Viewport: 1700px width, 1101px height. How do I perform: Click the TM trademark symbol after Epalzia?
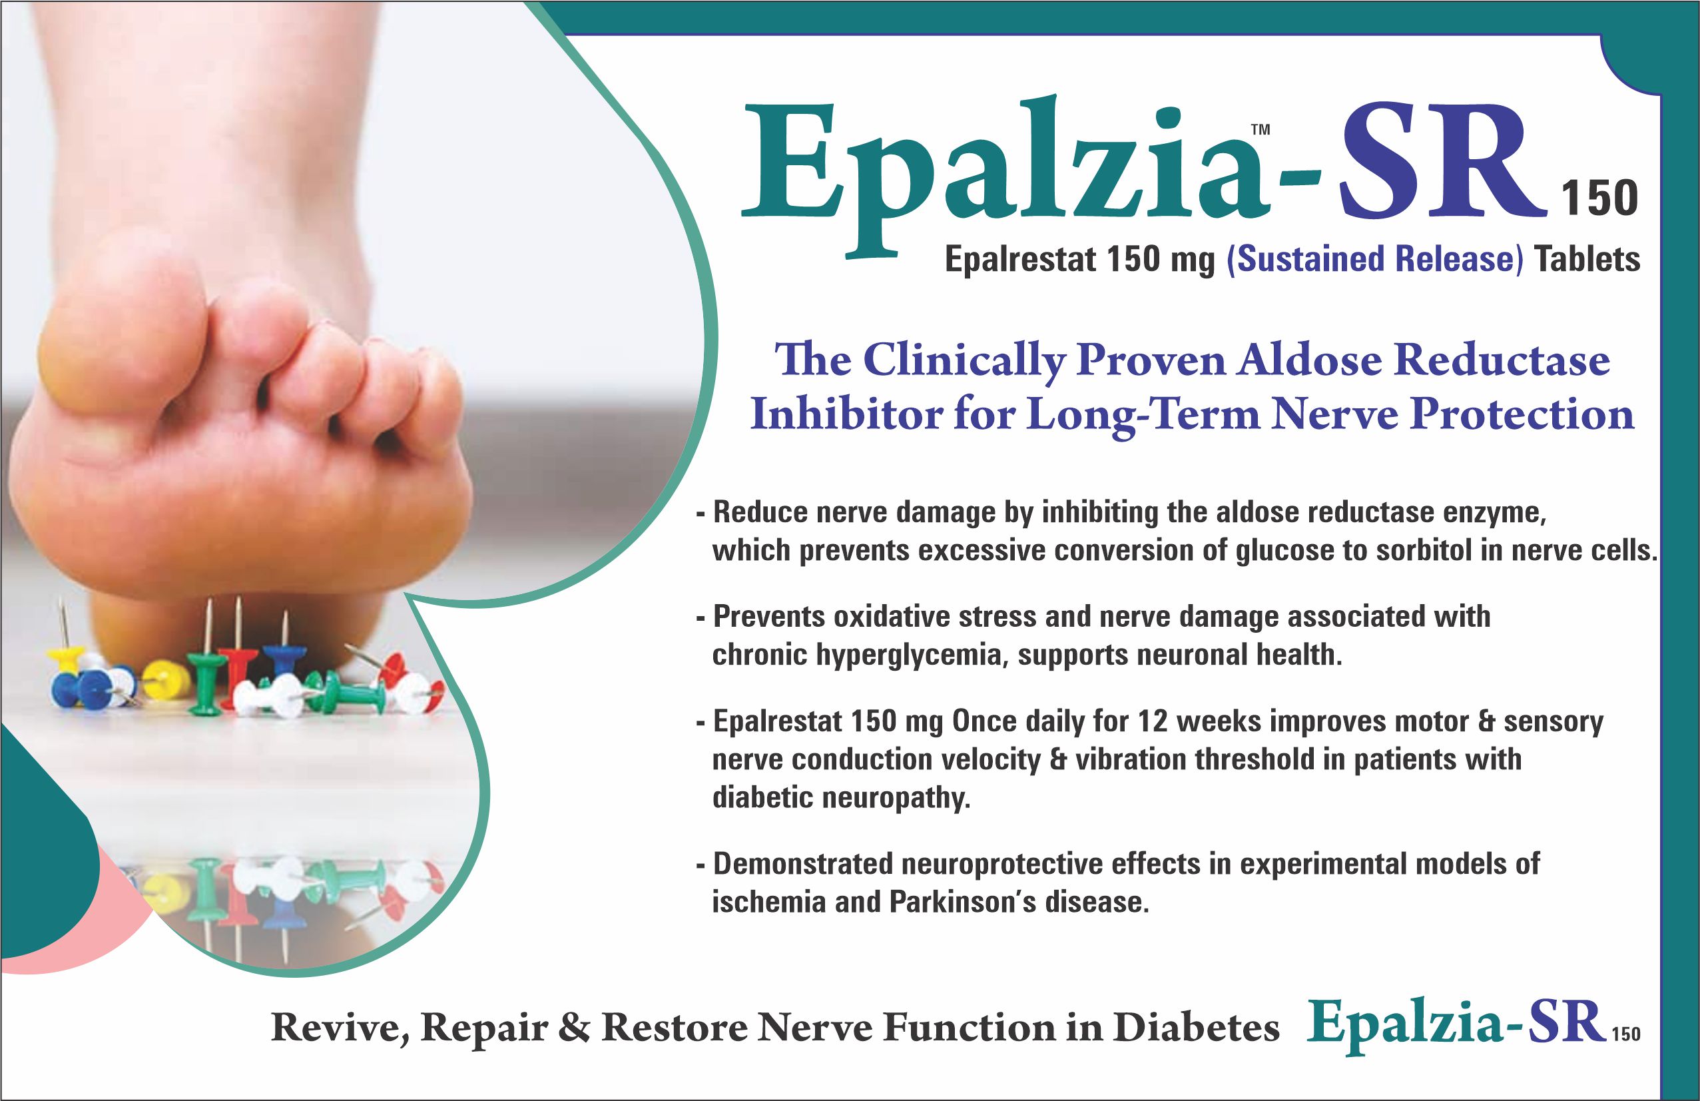click(x=1261, y=130)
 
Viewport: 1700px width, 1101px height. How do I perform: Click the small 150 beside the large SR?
click(x=1599, y=198)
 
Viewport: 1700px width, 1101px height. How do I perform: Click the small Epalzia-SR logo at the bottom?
click(x=1472, y=1024)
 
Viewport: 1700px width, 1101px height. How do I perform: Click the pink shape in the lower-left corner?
click(x=107, y=928)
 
